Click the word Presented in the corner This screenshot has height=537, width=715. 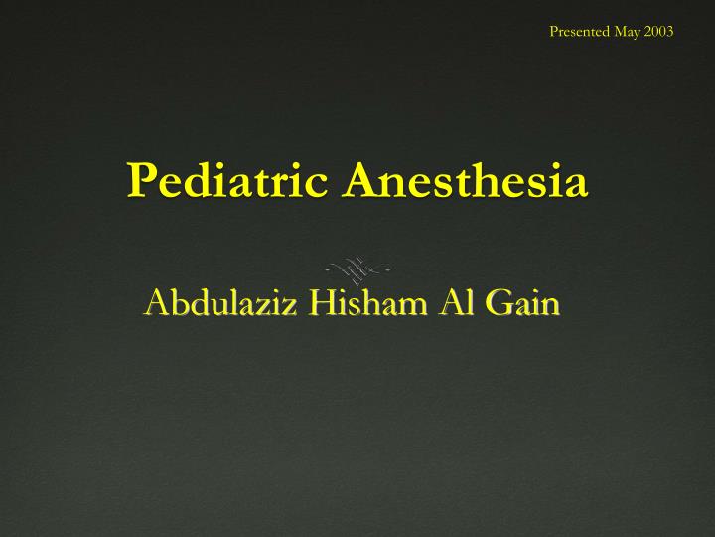[581, 31]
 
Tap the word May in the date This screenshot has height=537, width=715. [629, 32]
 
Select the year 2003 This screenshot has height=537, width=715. [659, 31]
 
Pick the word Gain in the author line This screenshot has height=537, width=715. [521, 303]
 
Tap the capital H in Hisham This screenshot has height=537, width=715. [307, 303]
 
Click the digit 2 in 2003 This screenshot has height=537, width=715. [648, 31]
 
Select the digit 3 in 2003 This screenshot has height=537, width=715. [670, 31]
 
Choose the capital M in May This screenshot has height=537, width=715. [621, 31]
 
